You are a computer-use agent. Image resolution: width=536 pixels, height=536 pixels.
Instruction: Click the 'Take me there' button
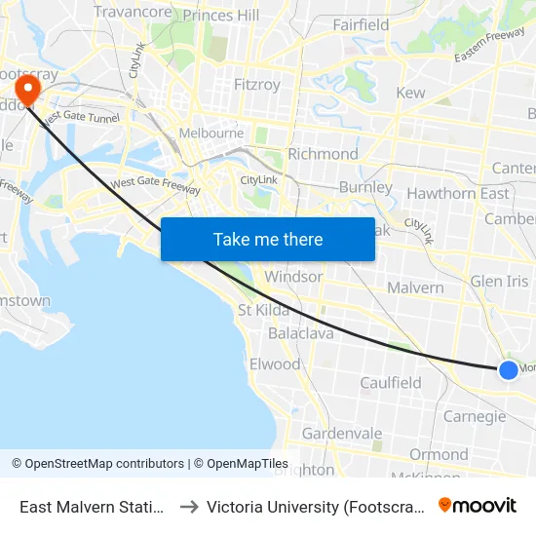coord(268,239)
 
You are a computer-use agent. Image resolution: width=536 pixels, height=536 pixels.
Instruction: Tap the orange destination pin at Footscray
coord(27,90)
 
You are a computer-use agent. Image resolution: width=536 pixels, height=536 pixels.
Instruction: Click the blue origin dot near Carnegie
coord(508,369)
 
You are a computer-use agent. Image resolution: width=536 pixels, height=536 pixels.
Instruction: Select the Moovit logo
coord(477,505)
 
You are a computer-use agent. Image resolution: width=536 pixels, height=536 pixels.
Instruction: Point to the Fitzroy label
coord(257,85)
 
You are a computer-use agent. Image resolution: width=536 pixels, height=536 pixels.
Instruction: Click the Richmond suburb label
coord(324,154)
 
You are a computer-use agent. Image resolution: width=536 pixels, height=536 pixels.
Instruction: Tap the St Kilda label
coord(264,310)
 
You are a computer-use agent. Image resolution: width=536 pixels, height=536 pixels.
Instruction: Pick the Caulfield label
coord(391,383)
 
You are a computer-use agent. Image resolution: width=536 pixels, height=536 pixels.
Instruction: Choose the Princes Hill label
coord(221,16)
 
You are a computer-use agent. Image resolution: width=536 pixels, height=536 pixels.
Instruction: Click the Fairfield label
coord(361,25)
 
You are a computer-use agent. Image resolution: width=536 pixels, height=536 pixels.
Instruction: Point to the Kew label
coord(410,94)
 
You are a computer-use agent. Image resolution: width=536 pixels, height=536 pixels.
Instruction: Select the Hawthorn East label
coord(457,193)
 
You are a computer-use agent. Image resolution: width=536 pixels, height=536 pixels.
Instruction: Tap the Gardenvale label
coord(342,433)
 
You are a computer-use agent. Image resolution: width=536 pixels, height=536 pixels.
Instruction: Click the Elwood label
coord(275,364)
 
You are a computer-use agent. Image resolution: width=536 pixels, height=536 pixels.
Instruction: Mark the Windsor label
coord(293,277)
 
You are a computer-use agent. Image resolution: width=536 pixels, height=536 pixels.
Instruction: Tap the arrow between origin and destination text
coord(189,506)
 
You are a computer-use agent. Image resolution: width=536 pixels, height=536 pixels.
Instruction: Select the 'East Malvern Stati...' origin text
coord(92,506)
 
